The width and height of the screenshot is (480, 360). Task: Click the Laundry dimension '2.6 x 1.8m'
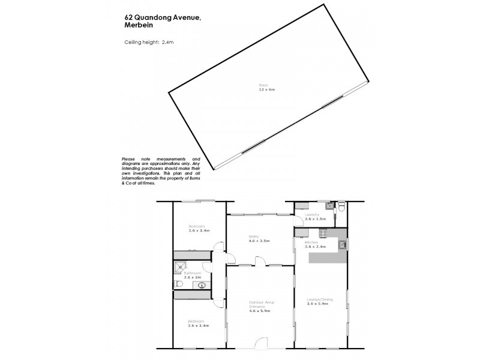pos(315,220)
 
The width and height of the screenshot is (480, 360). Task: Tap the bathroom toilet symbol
pos(179,284)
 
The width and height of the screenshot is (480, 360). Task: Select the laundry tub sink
pos(329,206)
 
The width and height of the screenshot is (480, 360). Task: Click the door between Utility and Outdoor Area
pos(261,260)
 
